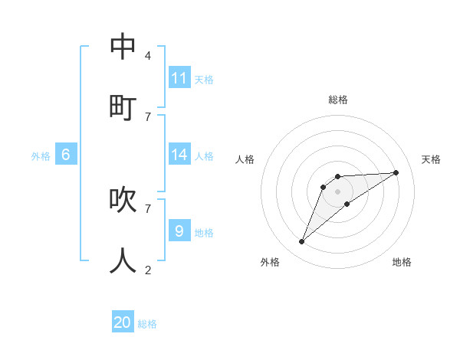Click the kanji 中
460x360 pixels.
point(123,47)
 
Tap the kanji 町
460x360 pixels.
point(123,105)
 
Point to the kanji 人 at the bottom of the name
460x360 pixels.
point(123,260)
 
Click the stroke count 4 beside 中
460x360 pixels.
point(147,56)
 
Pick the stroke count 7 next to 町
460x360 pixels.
point(147,116)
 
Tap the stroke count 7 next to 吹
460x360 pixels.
point(147,208)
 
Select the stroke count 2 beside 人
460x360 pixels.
point(147,270)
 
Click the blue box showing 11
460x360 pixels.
point(179,78)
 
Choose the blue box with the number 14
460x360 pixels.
point(179,155)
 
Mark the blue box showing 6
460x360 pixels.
point(66,155)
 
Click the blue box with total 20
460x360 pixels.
point(123,322)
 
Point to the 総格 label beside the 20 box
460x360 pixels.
point(147,324)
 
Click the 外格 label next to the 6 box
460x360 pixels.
point(41,156)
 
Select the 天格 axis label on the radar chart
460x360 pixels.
point(431,159)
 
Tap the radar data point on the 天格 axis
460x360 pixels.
point(396,172)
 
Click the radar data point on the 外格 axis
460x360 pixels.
point(301,242)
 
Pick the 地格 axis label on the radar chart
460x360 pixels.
point(402,262)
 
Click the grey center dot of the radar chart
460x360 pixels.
point(337,191)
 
